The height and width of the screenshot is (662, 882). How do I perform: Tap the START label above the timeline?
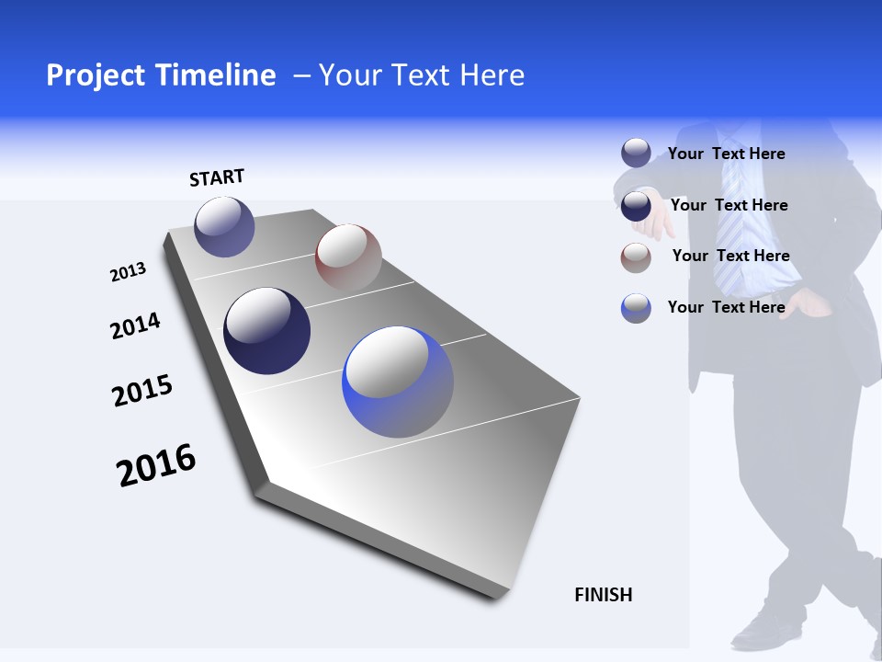coord(217,177)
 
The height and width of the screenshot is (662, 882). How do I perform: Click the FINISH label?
coord(604,595)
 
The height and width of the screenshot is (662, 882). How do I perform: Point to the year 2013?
coord(128,272)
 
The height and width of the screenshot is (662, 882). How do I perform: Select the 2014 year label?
coord(135,325)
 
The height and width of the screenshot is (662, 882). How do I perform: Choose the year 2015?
coord(142,391)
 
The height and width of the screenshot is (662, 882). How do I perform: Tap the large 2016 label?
coord(156,465)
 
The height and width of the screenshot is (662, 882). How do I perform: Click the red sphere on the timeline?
coord(348,257)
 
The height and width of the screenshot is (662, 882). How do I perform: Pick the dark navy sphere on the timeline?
coord(267,331)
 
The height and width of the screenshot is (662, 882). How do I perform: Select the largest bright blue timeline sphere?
coord(398,382)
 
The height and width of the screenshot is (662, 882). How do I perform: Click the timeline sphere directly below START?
coord(224,226)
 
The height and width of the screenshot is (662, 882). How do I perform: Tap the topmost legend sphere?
coord(636,153)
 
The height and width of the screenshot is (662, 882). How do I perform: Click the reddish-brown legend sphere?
coord(636,257)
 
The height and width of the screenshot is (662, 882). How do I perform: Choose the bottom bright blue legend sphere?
coord(636,308)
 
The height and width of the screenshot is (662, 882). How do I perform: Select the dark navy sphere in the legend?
coord(636,205)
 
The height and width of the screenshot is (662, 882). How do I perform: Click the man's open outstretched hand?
coord(654,221)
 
